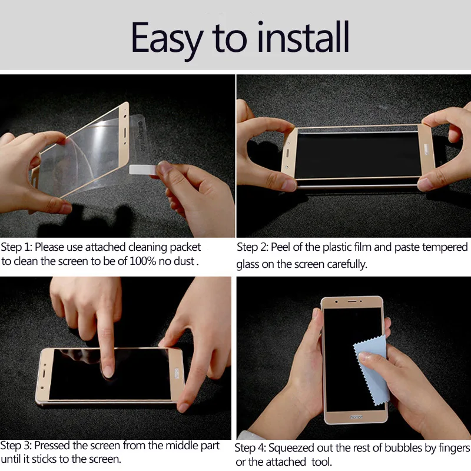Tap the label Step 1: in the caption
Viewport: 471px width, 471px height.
coord(16,247)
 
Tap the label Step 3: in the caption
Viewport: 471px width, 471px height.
coord(16,446)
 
